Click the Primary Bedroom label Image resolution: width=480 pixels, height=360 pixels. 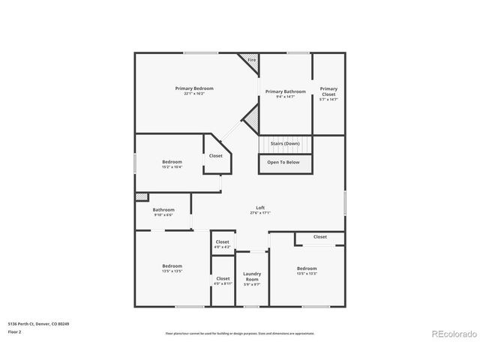tap(194, 88)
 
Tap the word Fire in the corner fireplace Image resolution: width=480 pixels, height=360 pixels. tap(251, 60)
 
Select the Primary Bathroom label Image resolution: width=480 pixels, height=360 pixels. tap(286, 91)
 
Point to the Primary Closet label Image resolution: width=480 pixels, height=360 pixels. tap(328, 91)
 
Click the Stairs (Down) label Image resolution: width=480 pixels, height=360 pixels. tap(285, 143)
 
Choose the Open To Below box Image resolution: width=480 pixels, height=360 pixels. tap(285, 163)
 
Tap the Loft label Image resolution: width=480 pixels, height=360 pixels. tap(260, 208)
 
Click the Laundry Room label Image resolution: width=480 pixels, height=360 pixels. tap(252, 276)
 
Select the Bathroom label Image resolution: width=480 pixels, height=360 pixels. tap(163, 210)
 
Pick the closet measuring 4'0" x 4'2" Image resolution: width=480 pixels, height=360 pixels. tap(222, 244)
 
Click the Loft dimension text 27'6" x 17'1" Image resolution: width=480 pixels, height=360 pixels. tap(260, 213)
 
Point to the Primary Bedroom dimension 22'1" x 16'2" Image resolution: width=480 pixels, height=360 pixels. tap(194, 94)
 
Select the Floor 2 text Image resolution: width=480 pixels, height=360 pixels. tap(15, 331)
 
